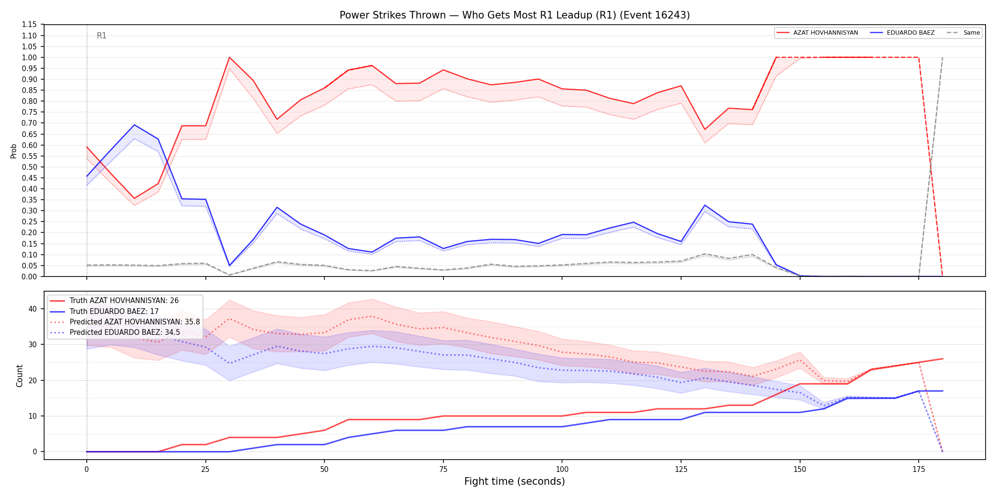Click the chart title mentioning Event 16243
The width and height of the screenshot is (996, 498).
[515, 15]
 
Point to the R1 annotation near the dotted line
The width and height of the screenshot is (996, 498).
[101, 36]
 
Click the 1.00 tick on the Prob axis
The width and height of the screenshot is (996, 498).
[29, 57]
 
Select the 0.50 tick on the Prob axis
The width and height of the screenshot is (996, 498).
[29, 167]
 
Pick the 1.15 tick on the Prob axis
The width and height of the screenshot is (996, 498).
[29, 25]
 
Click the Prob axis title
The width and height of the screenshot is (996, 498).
[14, 151]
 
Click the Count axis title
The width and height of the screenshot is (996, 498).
[19, 376]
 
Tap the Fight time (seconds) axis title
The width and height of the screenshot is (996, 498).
[515, 481]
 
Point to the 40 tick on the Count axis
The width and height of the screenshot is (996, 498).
[32, 309]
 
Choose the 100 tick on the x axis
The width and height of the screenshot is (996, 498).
[562, 470]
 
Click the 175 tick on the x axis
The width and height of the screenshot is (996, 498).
[919, 470]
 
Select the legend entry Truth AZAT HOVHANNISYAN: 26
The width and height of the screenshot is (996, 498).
[124, 301]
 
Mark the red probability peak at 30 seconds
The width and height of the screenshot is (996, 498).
[230, 57]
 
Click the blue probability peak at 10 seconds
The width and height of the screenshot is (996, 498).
[134, 125]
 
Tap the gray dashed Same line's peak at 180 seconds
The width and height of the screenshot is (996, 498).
[942, 57]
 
